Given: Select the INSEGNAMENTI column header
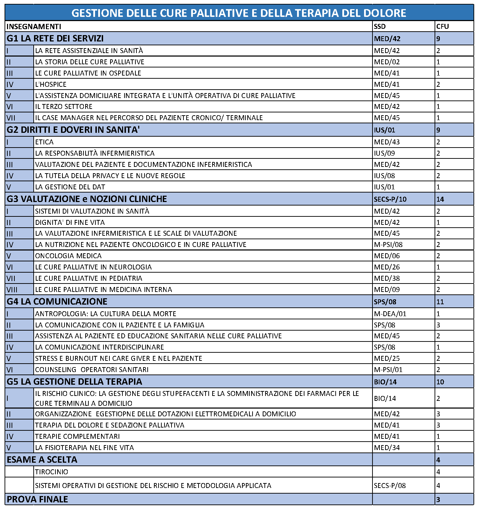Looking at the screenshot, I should click(34, 26).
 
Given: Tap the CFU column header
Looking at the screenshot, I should click(443, 26).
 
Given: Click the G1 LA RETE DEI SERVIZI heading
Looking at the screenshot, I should click(55, 38).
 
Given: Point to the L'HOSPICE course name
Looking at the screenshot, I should click(51, 84).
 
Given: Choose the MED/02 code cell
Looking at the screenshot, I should click(387, 62).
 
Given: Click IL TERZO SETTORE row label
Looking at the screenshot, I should click(64, 106).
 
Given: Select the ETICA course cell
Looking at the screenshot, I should click(45, 142).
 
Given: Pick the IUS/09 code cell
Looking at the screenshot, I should click(384, 153).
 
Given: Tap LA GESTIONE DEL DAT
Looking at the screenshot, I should click(70, 187).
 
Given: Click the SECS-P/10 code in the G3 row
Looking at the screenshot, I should click(390, 199).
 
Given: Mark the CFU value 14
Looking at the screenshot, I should click(440, 199).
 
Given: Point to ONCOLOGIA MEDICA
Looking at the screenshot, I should click(68, 256).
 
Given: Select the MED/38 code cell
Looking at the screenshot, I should click(387, 278).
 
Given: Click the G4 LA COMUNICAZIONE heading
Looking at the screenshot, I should click(57, 301).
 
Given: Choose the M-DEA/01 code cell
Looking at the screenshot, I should click(390, 314).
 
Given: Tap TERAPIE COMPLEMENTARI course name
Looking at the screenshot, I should click(78, 436).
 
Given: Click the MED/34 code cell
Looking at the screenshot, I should click(387, 448).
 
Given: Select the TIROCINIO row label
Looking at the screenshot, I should click(52, 472).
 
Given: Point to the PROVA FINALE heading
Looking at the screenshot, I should click(37, 499).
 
